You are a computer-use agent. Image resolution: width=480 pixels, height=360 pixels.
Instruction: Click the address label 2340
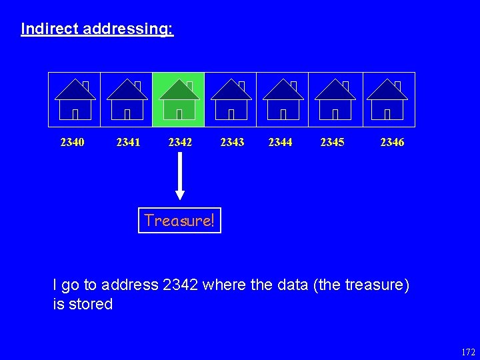pos(72,142)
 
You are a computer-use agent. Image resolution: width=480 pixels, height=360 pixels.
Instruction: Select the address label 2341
pos(128,142)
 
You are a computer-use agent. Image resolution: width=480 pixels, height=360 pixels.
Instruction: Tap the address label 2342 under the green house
pos(180,142)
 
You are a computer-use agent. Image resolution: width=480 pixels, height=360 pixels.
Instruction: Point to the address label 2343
pos(232,142)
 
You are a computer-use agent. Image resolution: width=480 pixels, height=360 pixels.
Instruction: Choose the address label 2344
pos(280,142)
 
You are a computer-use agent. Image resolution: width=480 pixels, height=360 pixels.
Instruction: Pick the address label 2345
pos(332,142)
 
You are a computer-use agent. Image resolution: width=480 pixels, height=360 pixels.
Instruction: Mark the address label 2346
pos(392,142)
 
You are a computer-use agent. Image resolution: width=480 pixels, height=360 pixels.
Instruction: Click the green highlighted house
pos(179,99)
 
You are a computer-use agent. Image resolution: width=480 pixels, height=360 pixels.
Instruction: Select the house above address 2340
pos(75,99)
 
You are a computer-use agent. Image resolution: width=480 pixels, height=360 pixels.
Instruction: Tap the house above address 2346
pos(387,99)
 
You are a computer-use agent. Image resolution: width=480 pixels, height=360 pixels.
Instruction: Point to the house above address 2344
pos(283,99)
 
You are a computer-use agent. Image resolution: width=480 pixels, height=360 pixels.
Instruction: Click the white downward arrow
pos(179,176)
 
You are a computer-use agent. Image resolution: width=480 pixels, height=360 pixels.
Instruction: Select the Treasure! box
pos(179,221)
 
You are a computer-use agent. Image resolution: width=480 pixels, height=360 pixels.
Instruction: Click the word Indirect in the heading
pos(49,29)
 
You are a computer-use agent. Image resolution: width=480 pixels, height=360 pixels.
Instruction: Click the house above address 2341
pos(127,99)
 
